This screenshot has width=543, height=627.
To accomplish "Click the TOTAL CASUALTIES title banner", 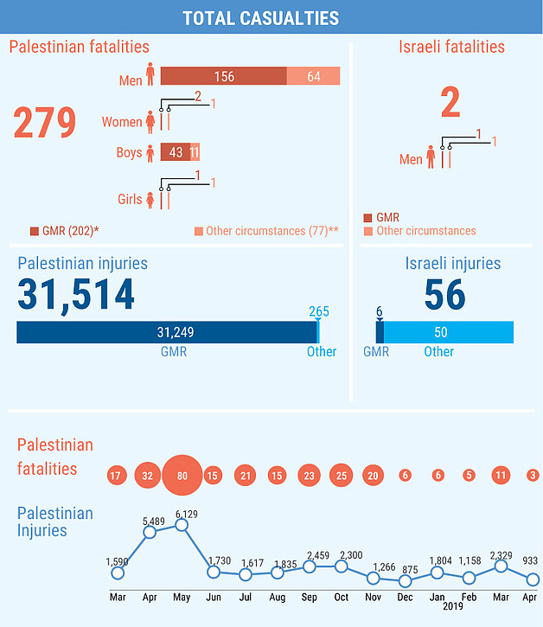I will (271, 17).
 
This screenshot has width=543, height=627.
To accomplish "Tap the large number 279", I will (45, 122).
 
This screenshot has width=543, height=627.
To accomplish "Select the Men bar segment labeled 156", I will (223, 77).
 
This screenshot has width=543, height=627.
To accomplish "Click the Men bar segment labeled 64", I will (313, 77).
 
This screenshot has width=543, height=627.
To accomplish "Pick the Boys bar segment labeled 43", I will (175, 152).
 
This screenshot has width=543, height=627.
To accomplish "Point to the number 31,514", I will (76, 293).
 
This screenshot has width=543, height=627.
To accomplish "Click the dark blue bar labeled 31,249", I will (166, 332).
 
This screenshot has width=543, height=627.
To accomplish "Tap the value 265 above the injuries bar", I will (319, 311).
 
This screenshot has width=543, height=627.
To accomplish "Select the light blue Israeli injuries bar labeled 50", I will (448, 332).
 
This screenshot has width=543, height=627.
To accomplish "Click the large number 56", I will (444, 295).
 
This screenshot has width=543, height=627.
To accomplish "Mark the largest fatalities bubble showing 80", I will (182, 475).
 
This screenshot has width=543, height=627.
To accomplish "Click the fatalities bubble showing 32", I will (149, 475).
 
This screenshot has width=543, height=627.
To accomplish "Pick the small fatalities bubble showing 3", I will (533, 475).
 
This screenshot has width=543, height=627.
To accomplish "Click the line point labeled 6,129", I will (182, 525).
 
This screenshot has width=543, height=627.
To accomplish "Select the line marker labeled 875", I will (405, 581).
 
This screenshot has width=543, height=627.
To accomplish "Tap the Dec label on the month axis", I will (405, 597).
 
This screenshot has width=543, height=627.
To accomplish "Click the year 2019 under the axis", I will (451, 608).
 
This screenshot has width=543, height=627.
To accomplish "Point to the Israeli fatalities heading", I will (451, 47).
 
